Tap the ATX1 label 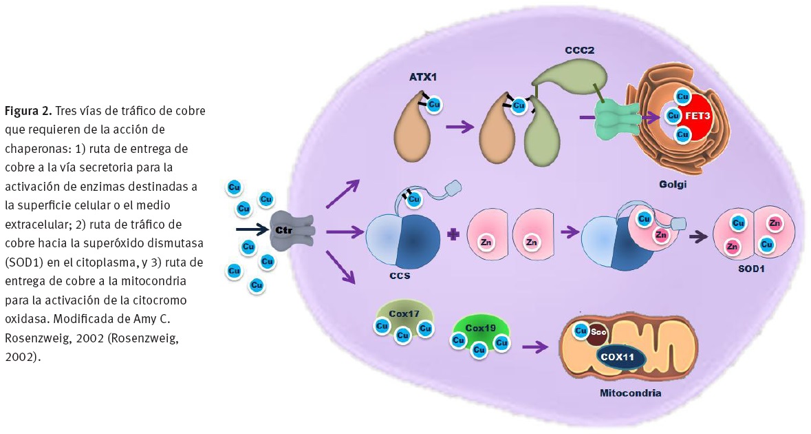pos(422,78)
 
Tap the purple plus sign pos(453,236)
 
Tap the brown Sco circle pos(597,333)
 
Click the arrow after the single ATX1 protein pos(460,126)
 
